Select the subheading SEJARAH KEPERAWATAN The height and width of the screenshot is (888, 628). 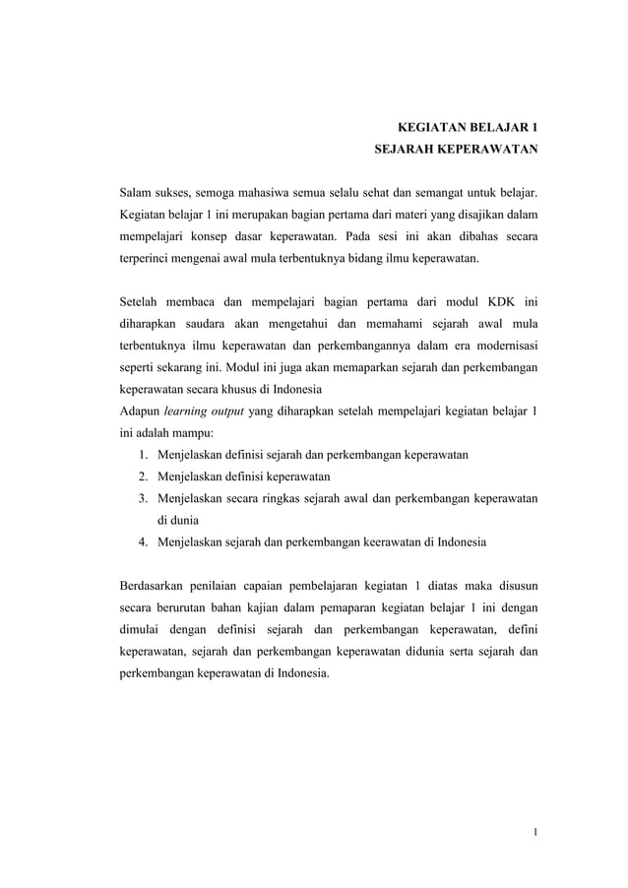click(454, 153)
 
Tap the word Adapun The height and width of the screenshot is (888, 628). click(139, 411)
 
